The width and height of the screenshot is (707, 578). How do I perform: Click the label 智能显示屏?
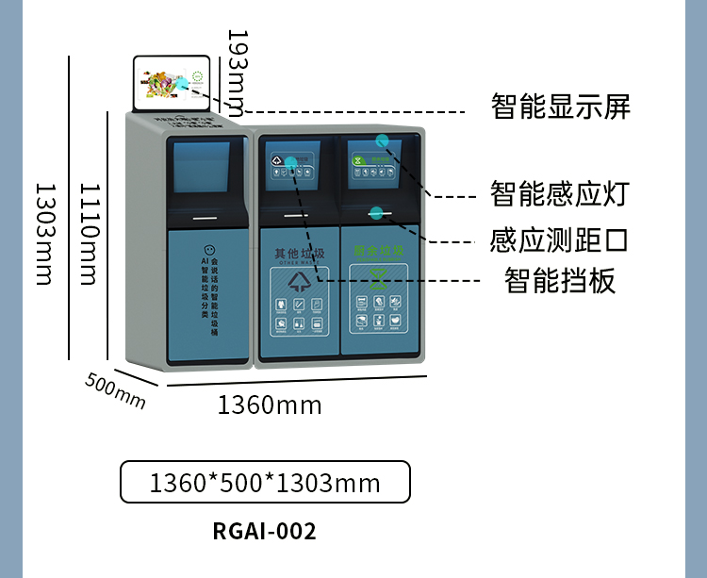pos(560,107)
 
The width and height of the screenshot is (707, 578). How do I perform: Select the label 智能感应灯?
pos(559,194)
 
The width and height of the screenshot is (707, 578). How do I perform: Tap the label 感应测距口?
pos(559,239)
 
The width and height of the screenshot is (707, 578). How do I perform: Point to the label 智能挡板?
pos(560,280)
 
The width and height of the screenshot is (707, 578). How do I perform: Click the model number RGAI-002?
pos(265,531)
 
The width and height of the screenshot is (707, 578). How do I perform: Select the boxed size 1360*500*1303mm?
pos(265,483)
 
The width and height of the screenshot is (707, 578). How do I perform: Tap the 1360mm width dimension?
pos(270,405)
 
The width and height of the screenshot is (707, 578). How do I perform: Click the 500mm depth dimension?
pos(115,390)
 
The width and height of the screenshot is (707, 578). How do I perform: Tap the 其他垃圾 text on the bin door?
pos(299,254)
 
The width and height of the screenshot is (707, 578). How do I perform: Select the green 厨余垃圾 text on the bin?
pos(378,251)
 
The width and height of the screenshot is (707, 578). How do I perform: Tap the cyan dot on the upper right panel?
pos(382,141)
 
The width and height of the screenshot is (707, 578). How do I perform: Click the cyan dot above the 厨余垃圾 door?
pos(376,211)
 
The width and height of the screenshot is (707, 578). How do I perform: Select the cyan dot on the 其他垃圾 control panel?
pos(291,162)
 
